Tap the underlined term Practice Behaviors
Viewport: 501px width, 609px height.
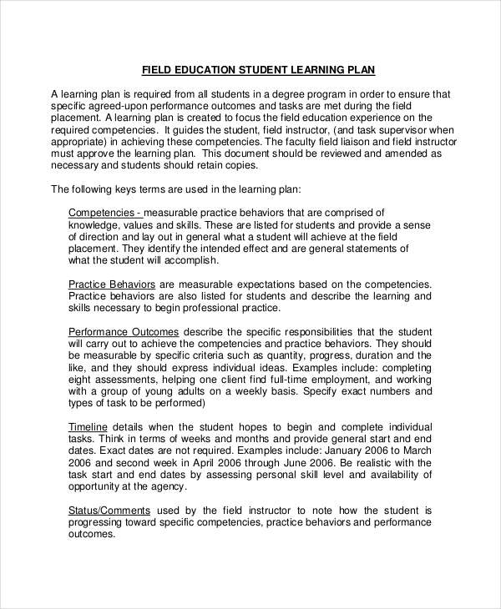(x=111, y=284)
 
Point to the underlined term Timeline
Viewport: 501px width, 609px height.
(x=88, y=427)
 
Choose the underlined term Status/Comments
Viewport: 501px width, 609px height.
(x=109, y=510)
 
